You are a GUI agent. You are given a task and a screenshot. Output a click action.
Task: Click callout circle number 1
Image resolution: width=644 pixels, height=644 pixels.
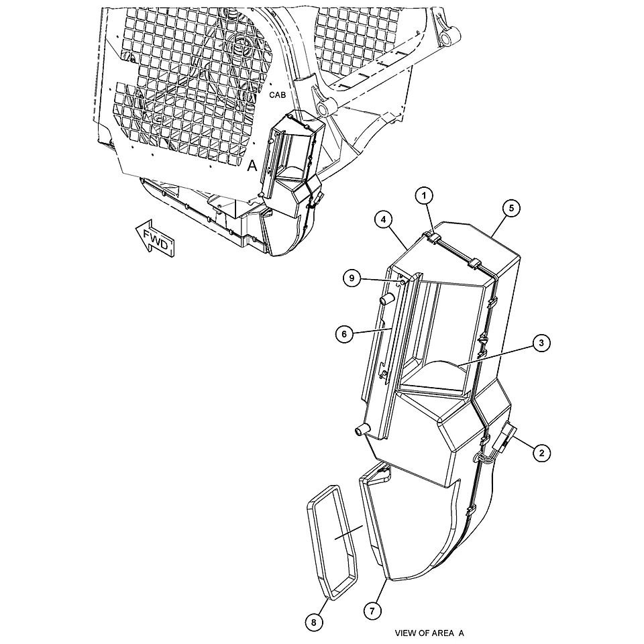click(424, 196)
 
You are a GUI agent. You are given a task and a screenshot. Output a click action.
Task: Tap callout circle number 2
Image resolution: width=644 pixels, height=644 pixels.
click(542, 453)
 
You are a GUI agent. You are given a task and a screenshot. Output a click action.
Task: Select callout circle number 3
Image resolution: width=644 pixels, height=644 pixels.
click(541, 343)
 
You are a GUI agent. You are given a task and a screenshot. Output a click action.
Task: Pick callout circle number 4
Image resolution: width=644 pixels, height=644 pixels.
click(383, 220)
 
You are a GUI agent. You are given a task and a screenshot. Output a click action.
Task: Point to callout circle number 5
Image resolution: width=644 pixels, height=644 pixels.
click(511, 208)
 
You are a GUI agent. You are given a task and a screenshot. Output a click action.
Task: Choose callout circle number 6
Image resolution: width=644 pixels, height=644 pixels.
click(344, 334)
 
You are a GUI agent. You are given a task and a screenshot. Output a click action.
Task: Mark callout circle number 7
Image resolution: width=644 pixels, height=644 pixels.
click(372, 611)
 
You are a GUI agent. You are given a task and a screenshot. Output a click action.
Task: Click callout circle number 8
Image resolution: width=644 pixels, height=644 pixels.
click(314, 623)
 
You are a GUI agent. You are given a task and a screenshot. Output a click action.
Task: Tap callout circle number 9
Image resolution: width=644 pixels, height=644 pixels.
click(352, 278)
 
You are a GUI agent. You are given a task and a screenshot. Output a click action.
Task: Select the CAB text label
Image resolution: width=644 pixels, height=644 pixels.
click(277, 95)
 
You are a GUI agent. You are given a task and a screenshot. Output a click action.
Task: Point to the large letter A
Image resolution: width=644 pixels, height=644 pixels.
click(252, 166)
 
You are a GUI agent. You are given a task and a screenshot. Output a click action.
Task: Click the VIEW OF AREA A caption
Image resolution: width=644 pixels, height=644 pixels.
click(429, 633)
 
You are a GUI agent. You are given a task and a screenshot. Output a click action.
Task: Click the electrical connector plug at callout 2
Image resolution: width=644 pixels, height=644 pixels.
click(506, 437)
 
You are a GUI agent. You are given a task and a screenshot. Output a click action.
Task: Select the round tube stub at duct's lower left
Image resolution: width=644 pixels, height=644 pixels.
click(362, 430)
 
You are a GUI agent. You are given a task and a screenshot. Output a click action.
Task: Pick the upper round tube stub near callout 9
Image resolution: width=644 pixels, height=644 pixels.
click(387, 299)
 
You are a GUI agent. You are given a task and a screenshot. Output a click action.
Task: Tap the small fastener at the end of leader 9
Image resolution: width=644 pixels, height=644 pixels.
click(403, 282)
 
